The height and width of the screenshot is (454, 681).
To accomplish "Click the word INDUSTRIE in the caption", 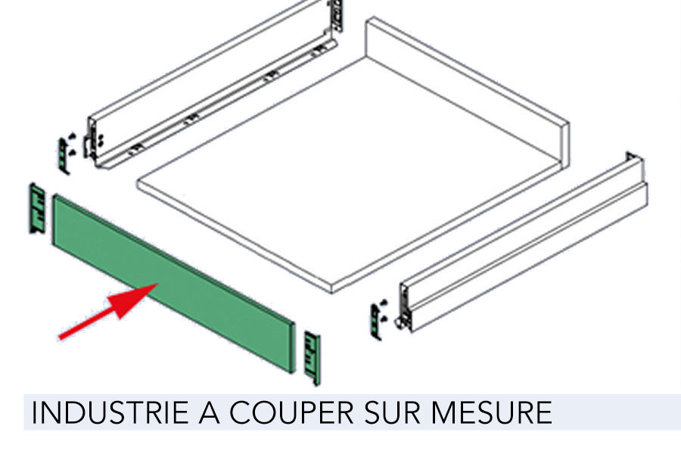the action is point(110,412).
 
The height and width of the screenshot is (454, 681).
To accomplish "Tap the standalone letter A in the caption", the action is point(210,412).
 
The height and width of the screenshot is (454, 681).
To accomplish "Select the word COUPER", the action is point(291,412).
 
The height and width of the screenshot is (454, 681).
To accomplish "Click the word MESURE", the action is point(491,412).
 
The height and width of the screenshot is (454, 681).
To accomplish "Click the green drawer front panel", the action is point(174,283).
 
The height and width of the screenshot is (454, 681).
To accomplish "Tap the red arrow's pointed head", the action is point(157,285).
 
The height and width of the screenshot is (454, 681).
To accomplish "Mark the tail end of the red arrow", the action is point(60,337).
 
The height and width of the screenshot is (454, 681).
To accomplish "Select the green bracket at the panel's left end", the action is point(37,209).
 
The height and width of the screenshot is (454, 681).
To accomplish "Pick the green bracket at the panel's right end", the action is point(313,358).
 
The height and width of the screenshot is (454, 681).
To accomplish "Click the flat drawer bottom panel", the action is point(347,174).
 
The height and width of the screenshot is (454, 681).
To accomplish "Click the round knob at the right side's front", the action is point(398,323).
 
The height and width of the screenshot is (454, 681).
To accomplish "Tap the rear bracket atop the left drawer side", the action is point(337,16).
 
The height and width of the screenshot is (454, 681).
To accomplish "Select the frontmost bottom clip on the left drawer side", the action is point(135,149).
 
